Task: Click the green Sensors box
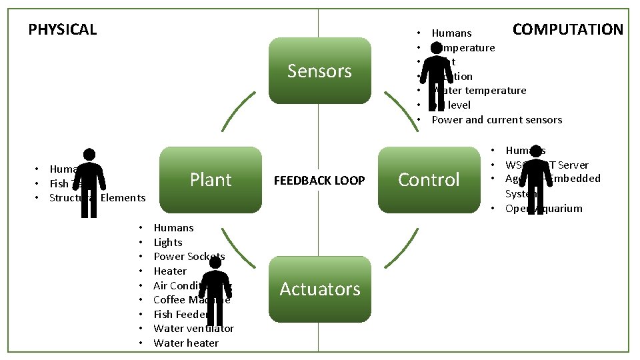pos(319,71)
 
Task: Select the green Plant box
pos(211,180)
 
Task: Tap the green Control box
pos(429,180)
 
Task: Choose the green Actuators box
pos(319,289)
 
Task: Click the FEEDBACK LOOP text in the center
pos(319,181)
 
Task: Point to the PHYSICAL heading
pos(63,29)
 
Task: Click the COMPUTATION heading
pos(567,29)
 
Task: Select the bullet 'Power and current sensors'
pos(497,120)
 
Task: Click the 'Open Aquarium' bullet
pos(543,209)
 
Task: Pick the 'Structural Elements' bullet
pos(97,198)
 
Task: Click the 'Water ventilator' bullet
pos(193,329)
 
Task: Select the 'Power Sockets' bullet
pos(189,257)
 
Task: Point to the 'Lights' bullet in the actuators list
pos(167,243)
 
